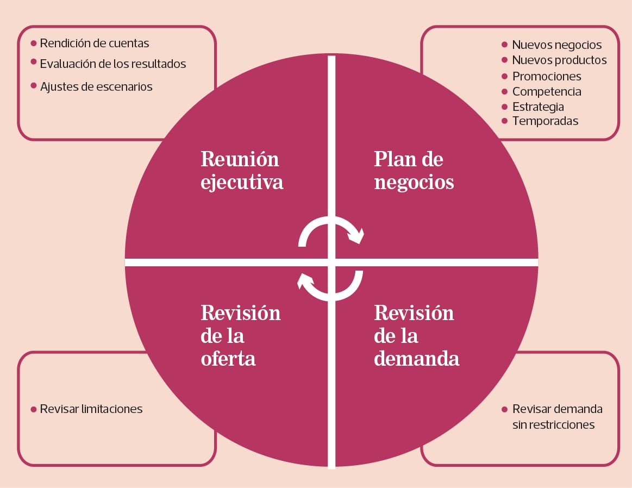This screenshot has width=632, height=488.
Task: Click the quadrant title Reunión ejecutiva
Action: (x=242, y=170)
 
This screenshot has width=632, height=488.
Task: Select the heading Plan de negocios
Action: (x=414, y=170)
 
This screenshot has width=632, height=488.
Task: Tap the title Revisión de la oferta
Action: (x=241, y=336)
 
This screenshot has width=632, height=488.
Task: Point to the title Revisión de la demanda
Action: (x=416, y=336)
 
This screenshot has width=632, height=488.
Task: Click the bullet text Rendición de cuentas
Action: (x=95, y=43)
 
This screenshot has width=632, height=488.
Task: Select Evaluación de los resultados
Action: (x=113, y=64)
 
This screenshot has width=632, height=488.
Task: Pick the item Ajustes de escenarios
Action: (x=96, y=86)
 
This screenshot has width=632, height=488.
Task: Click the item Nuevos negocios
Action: (x=556, y=45)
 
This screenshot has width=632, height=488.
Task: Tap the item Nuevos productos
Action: (x=559, y=60)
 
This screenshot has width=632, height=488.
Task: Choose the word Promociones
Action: (x=547, y=76)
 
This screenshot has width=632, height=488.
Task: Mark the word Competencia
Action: (x=547, y=91)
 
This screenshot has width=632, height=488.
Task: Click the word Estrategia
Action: (x=538, y=107)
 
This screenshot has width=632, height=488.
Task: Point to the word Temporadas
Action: (x=546, y=121)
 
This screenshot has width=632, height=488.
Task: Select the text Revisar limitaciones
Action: (x=91, y=409)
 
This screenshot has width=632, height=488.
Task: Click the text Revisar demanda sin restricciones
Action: (x=558, y=417)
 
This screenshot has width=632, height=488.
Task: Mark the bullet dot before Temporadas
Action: (x=504, y=121)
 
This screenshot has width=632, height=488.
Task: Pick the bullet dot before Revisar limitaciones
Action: (x=34, y=409)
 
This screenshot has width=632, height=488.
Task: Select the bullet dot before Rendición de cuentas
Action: (x=34, y=43)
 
